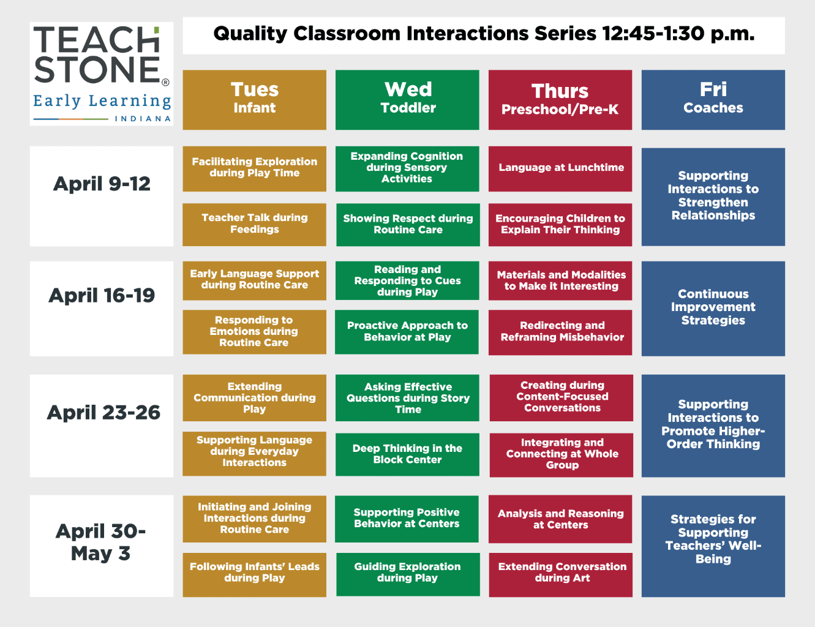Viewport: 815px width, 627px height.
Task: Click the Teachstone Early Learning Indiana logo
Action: point(101,74)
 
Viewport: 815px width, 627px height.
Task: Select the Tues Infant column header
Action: point(254,99)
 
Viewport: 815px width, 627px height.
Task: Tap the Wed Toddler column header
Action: point(407,99)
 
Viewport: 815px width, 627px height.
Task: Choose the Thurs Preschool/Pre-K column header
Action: point(560,99)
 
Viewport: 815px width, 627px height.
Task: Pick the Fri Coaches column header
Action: point(713,99)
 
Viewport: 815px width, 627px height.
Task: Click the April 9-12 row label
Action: point(102,184)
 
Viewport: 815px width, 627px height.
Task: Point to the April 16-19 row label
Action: point(102,296)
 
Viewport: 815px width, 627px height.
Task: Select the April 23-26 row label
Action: point(103,413)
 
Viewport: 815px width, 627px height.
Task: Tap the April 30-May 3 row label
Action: point(101,542)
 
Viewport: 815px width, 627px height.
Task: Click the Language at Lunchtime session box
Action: point(560,168)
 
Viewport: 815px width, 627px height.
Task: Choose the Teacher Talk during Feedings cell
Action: point(254,224)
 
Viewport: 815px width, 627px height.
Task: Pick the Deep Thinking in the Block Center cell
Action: point(407,454)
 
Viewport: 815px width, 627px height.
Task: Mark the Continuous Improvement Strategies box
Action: point(713,308)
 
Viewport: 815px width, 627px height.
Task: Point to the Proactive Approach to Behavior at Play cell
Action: point(407,332)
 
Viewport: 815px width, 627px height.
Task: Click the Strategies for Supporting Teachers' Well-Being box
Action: point(713,539)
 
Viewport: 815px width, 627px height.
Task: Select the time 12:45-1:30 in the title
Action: point(653,34)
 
